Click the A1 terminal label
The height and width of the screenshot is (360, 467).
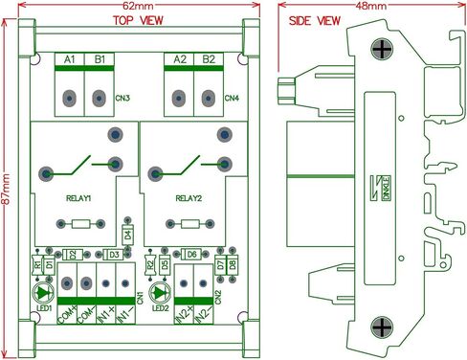click(70, 60)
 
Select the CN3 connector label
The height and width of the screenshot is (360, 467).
click(123, 98)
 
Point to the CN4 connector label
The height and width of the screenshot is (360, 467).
click(232, 98)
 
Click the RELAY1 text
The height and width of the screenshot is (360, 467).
click(78, 198)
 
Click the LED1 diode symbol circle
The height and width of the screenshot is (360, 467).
click(43, 292)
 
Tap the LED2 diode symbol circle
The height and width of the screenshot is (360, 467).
click(158, 292)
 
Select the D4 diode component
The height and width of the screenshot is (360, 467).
click(127, 234)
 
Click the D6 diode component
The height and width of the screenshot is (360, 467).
click(191, 254)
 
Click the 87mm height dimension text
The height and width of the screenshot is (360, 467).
click(7, 191)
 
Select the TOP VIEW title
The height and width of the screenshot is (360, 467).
click(135, 20)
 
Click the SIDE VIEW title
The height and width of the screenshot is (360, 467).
click(308, 20)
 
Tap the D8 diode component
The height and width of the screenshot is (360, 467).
click(233, 263)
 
